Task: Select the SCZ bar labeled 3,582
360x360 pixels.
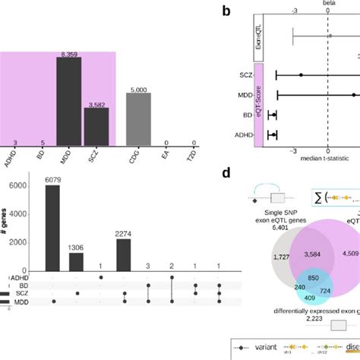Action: (96, 127)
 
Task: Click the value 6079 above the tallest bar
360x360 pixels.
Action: (52, 179)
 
